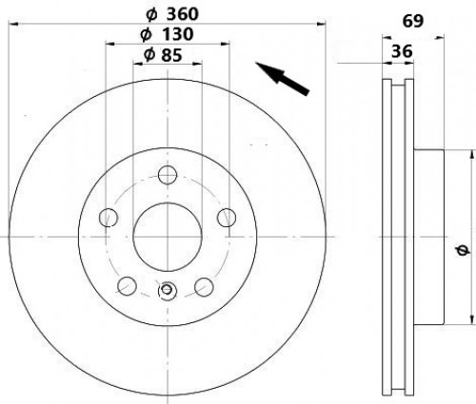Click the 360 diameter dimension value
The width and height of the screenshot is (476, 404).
pos(183,14)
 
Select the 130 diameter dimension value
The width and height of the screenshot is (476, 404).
pos(177,34)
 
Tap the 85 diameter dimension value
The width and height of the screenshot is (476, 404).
pos(171,55)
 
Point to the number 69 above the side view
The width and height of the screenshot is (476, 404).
pos(413,21)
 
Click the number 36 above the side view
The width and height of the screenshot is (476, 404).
pos(402,51)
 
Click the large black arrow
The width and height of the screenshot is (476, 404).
pos(283,78)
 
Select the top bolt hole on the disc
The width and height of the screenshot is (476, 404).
pos(168,174)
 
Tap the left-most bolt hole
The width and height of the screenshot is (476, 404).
pos(109,218)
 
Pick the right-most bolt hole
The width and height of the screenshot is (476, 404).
pos(227,218)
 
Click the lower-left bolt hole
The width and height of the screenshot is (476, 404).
pos(127,286)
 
